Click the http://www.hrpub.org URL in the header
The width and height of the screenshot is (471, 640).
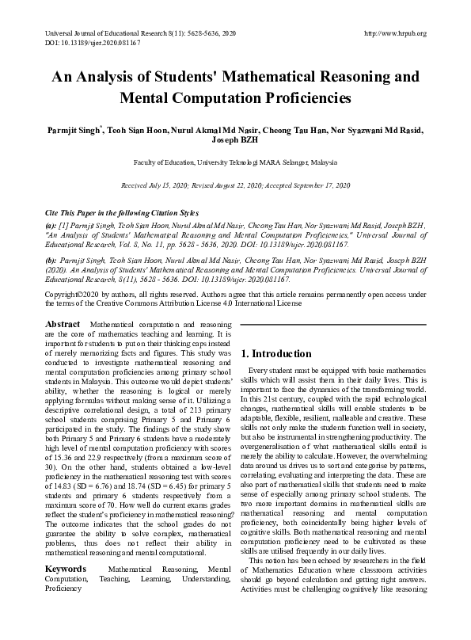[x=393, y=32]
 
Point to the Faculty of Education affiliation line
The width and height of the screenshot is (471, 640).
[x=235, y=162]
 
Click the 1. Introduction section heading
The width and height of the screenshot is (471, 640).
[x=276, y=353]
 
